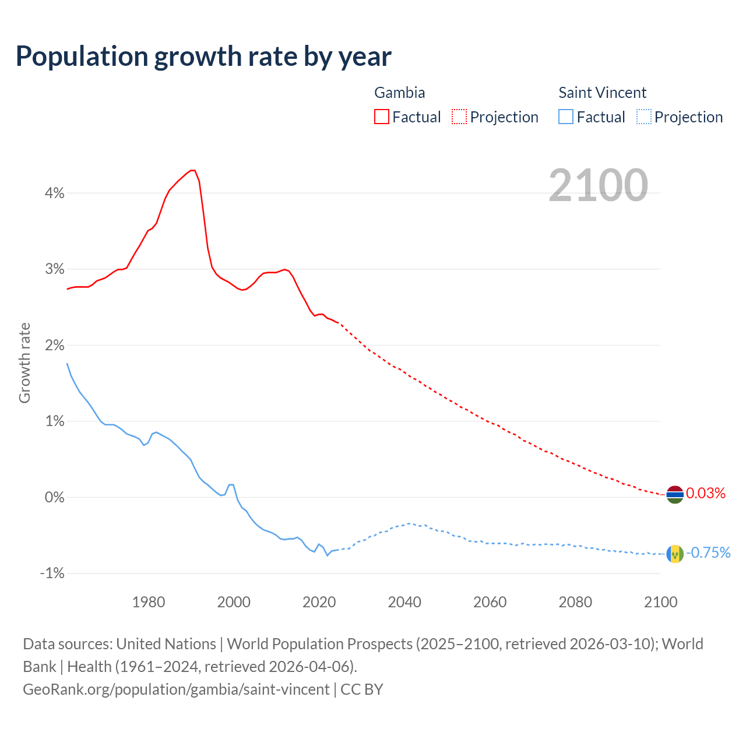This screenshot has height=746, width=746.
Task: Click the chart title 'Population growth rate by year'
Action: pos(203,57)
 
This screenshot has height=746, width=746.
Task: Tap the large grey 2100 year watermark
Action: pos(598,185)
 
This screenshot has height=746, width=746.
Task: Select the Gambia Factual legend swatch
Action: pos(382,117)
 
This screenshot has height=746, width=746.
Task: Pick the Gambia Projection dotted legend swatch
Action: pos(459,117)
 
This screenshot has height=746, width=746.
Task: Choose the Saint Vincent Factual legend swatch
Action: pos(566,117)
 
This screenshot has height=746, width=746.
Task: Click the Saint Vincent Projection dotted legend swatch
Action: pos(643,117)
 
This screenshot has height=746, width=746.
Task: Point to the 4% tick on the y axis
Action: pos(54,193)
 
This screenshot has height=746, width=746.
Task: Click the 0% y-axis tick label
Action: pos(54,497)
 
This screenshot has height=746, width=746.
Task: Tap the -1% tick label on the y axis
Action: pos(52,573)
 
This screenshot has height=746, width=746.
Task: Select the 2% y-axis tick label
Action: pos(54,345)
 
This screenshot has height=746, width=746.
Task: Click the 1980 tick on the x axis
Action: pos(149,602)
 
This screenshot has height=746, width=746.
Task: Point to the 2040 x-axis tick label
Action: pos(404,602)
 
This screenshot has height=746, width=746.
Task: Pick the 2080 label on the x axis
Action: pos(575,602)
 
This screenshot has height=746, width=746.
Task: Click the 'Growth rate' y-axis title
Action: pos(24,363)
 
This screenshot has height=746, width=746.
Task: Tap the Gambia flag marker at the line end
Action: pos(675,494)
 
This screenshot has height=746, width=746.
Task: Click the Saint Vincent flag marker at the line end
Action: pos(675,553)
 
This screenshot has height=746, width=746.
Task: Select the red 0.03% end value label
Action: pos(706,494)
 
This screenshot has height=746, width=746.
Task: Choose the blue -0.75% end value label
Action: pos(708,553)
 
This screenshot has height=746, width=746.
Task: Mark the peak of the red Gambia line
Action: pos(193,170)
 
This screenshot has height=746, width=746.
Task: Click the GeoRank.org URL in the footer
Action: pos(176,689)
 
